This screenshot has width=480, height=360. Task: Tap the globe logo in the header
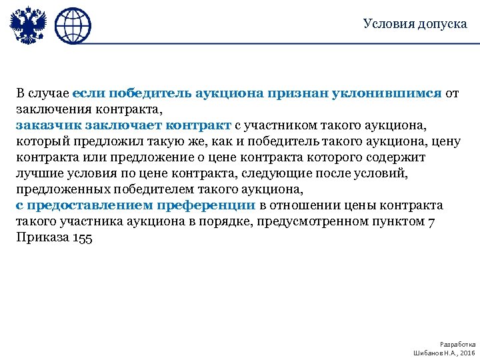coord(72,27)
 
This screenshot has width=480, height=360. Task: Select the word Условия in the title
coord(385,24)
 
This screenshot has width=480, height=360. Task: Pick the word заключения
coord(46,109)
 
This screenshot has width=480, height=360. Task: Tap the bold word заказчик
coord(45,125)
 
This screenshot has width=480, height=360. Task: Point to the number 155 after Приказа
coord(83,237)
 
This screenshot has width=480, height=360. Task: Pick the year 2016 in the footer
coord(467,351)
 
